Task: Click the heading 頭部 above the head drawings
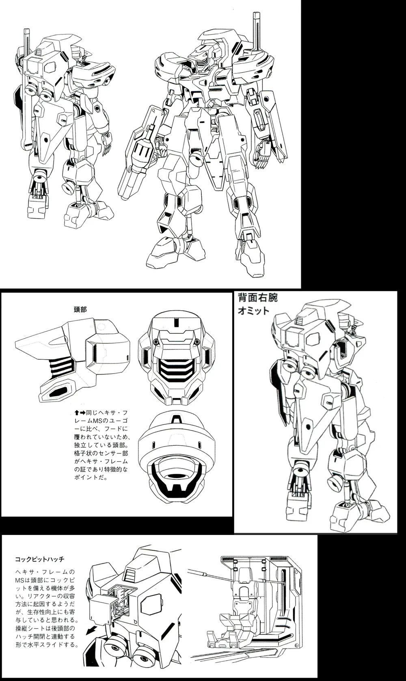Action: pyautogui.click(x=80, y=309)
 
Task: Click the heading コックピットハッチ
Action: pyautogui.click(x=40, y=559)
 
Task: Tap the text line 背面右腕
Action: pyautogui.click(x=258, y=298)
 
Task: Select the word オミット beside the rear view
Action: pyautogui.click(x=253, y=311)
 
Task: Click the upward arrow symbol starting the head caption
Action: pyautogui.click(x=77, y=413)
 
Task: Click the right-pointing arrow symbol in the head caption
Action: pyautogui.click(x=82, y=413)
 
